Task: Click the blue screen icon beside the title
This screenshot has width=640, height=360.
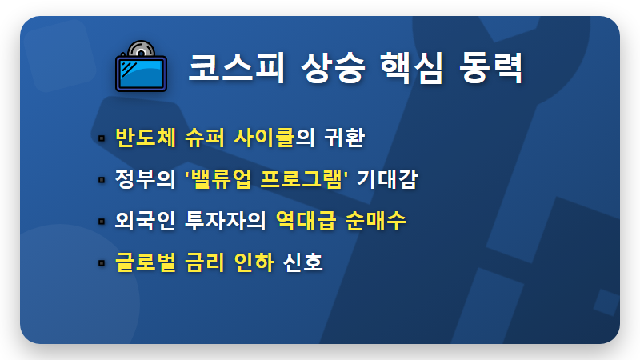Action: (x=141, y=71)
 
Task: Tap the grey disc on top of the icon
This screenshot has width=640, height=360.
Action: (x=137, y=47)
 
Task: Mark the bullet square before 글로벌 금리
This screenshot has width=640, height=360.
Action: (x=102, y=262)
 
